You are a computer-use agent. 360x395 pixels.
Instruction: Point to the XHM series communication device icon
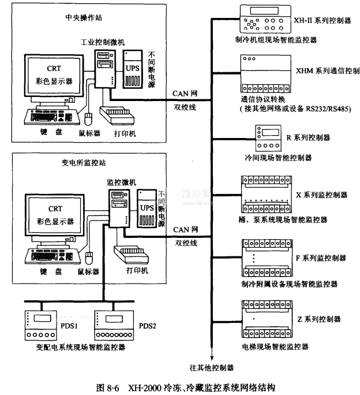[x=260, y=73]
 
